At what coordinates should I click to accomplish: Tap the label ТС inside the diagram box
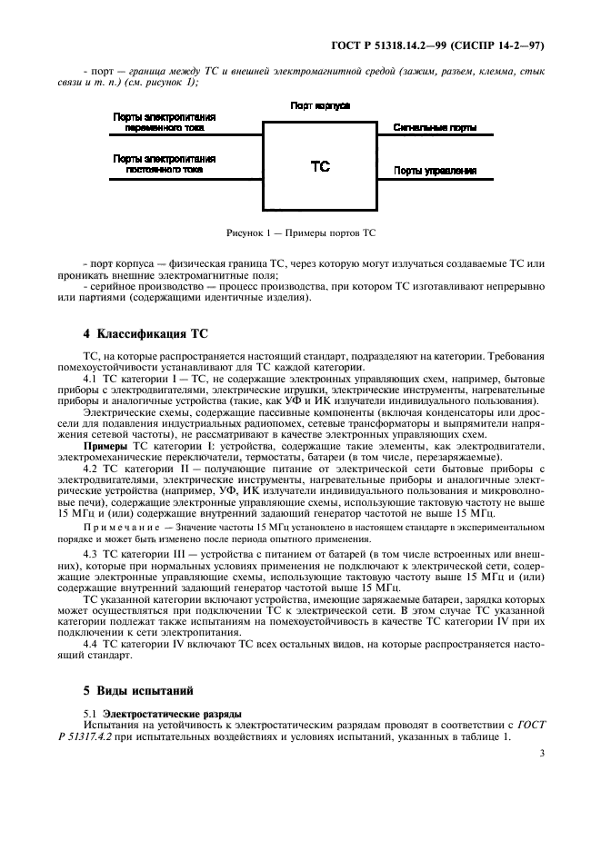[x=320, y=166]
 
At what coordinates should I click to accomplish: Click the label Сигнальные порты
[x=434, y=128]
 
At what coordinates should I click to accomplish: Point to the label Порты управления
[x=435, y=170]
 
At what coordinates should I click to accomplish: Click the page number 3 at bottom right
[x=541, y=753]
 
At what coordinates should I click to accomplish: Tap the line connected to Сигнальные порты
[x=436, y=137]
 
